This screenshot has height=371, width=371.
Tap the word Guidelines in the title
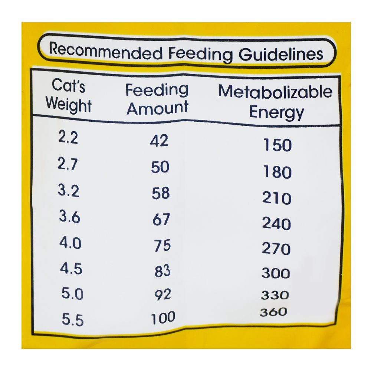click(281, 55)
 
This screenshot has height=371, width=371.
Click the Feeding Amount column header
click(157, 99)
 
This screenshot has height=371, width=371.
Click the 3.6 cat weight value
click(69, 217)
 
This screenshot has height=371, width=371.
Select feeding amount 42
click(159, 141)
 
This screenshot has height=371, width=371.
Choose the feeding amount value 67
click(161, 220)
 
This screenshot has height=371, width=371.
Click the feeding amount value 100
click(163, 318)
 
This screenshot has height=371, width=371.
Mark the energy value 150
click(277, 145)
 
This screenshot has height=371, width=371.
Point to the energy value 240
click(276, 224)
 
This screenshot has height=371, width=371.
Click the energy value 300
click(276, 273)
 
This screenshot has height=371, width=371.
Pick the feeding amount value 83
click(162, 271)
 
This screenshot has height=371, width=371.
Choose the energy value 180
click(277, 172)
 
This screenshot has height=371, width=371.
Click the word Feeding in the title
click(200, 54)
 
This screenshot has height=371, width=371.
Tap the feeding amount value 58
click(160, 193)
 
